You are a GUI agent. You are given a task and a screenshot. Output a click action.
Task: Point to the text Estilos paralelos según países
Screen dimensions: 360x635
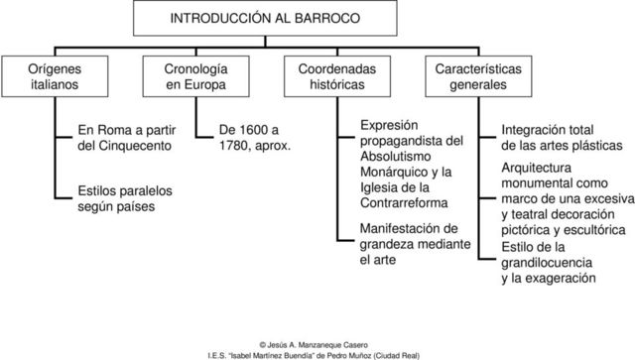[x=117, y=199]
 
